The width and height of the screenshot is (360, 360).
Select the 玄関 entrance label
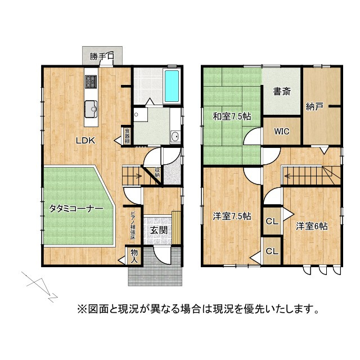click(158, 229)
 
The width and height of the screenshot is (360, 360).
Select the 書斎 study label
click(282, 91)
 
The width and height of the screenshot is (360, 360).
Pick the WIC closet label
click(282, 131)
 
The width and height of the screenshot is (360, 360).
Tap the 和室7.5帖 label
click(231, 116)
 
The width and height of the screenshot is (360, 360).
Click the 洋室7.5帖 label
click(231, 216)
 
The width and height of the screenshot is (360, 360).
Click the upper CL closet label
click(271, 221)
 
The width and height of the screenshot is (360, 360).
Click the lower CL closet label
click(271, 251)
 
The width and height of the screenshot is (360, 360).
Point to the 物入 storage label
click(134, 256)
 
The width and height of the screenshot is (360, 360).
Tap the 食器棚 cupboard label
click(128, 137)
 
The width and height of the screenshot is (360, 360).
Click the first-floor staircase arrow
click(134, 176)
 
